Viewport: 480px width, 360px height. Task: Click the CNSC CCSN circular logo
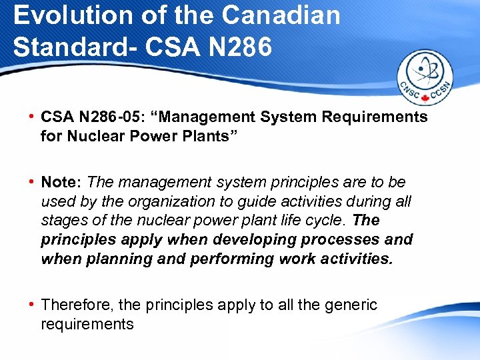[x=425, y=77]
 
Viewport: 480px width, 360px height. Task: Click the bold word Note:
[x=62, y=182]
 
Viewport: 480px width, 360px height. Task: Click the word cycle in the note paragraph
[x=324, y=220]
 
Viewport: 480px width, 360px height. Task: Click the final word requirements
[x=87, y=324]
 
